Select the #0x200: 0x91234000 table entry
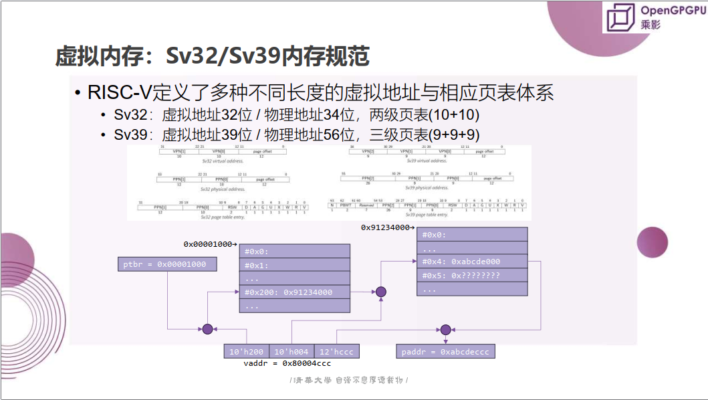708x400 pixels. point(294,292)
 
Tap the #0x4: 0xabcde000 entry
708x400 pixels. point(471,262)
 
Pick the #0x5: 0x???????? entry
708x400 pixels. point(471,276)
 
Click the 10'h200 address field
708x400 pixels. point(246,352)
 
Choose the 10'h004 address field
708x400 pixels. point(291,352)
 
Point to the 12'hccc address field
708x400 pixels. point(336,352)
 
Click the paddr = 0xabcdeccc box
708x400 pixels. point(446,352)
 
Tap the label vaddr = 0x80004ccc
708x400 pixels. point(287,364)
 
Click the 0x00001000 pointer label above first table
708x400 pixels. point(209,245)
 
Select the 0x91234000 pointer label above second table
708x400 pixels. point(385,227)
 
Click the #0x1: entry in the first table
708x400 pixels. point(294,265)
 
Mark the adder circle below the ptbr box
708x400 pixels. point(207,329)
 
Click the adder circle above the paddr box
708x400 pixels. point(445,329)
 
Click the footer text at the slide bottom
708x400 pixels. point(349,381)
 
